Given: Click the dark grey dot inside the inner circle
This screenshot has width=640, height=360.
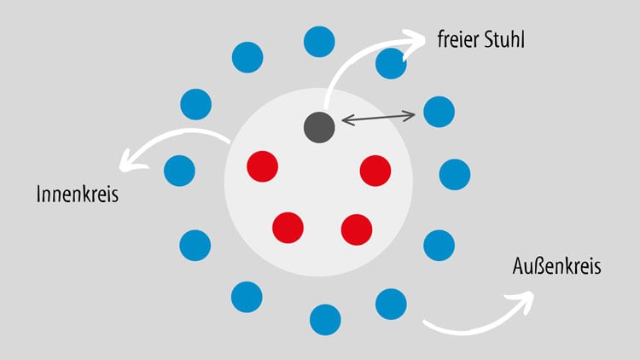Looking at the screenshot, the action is (x=319, y=127).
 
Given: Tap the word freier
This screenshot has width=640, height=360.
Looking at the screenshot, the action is (x=457, y=39).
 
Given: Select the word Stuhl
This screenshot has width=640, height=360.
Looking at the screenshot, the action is (x=504, y=39).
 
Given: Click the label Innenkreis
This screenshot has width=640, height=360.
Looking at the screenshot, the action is (x=78, y=194).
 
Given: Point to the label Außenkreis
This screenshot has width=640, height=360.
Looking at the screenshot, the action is (x=556, y=266).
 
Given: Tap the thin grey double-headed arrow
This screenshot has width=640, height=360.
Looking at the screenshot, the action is (x=378, y=118).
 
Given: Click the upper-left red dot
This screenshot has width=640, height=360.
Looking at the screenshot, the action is (x=263, y=166).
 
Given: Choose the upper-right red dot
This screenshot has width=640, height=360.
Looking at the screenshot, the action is (x=375, y=171).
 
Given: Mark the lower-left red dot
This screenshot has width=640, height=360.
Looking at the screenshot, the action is (x=288, y=228).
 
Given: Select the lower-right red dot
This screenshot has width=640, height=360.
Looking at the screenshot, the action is (x=357, y=229).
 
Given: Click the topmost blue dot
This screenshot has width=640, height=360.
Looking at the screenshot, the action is (x=319, y=42).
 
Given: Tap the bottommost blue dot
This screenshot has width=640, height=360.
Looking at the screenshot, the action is (x=325, y=320).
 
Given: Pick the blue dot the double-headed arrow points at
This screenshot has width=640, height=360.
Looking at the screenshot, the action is (x=439, y=112).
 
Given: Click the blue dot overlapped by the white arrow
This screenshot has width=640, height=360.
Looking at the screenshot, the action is (x=391, y=64).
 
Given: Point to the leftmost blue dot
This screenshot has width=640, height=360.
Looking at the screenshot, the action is (x=179, y=171).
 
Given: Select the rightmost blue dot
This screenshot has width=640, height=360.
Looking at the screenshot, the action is (x=455, y=175).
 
